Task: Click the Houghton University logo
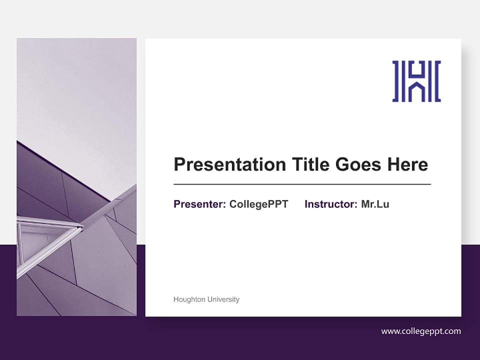coord(416,81)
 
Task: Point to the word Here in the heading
coord(407,164)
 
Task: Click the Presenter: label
coord(199,204)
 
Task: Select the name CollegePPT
coord(258,204)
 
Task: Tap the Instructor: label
coord(330,204)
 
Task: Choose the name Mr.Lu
coord(375,204)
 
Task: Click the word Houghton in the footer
coord(189,299)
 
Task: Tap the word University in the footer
coord(223,299)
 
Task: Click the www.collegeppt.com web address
coord(421,331)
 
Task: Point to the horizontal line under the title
coord(302,184)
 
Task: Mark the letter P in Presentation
coord(179,164)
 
